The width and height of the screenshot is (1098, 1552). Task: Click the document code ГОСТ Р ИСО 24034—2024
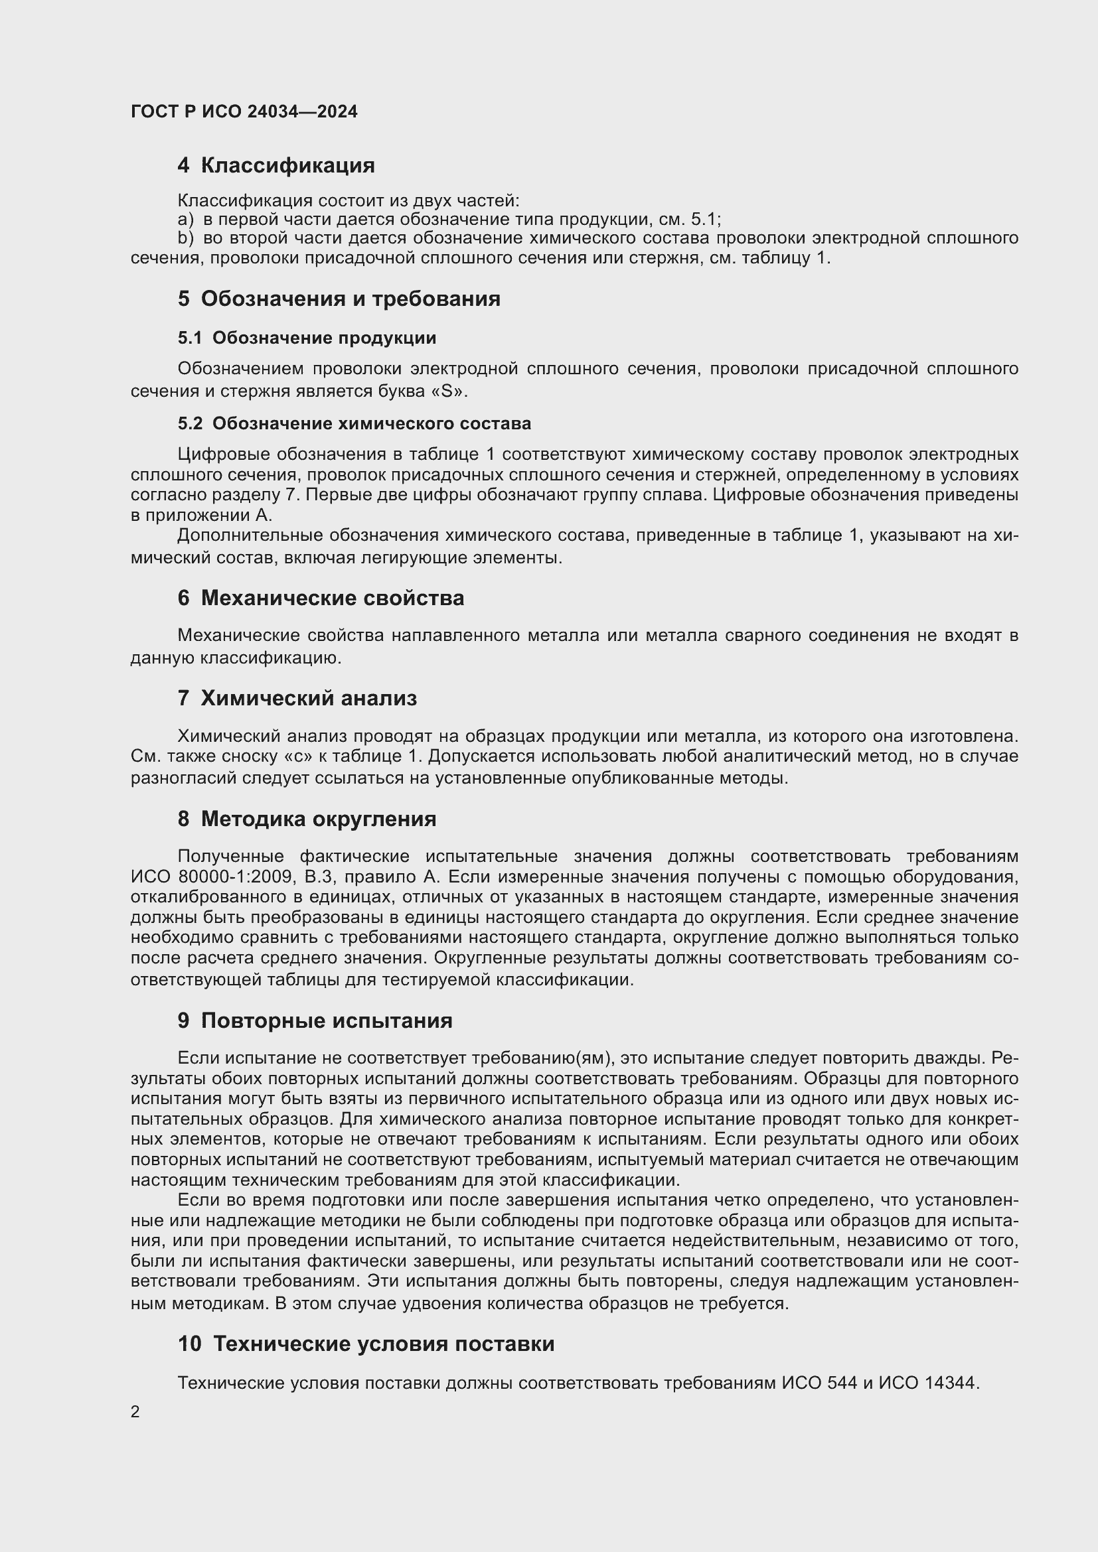click(x=244, y=111)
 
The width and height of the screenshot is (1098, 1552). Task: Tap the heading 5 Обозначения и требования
click(x=339, y=299)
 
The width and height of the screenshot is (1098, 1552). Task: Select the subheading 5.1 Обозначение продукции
click(x=307, y=338)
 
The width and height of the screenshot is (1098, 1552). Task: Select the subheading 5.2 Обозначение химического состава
click(x=354, y=424)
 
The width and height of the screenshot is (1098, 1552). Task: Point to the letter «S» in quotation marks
click(x=449, y=391)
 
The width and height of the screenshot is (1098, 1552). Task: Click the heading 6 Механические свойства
click(x=321, y=599)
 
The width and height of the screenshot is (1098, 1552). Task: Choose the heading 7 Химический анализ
click(x=297, y=698)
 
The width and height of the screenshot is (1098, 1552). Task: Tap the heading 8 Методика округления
click(x=307, y=819)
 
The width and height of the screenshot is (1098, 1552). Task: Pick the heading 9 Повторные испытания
click(x=315, y=1021)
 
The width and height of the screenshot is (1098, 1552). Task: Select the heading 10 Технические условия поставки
click(x=366, y=1344)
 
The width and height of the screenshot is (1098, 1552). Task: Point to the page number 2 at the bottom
click(x=135, y=1412)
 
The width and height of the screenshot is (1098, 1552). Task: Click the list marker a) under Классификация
click(x=185, y=220)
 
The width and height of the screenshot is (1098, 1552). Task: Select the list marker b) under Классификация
click(x=185, y=239)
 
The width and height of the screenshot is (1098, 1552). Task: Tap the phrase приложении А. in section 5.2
click(x=208, y=516)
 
